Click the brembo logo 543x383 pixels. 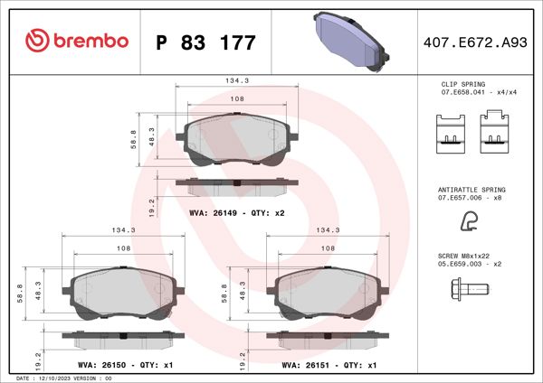pyautogui.click(x=77, y=41)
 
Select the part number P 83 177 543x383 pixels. pyautogui.click(x=206, y=42)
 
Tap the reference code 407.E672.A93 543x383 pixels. pyautogui.click(x=475, y=42)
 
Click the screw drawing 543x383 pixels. pyautogui.click(x=468, y=289)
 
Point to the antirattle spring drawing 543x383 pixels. pyautogui.click(x=470, y=220)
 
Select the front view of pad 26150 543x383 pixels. pyautogui.click(x=123, y=290)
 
